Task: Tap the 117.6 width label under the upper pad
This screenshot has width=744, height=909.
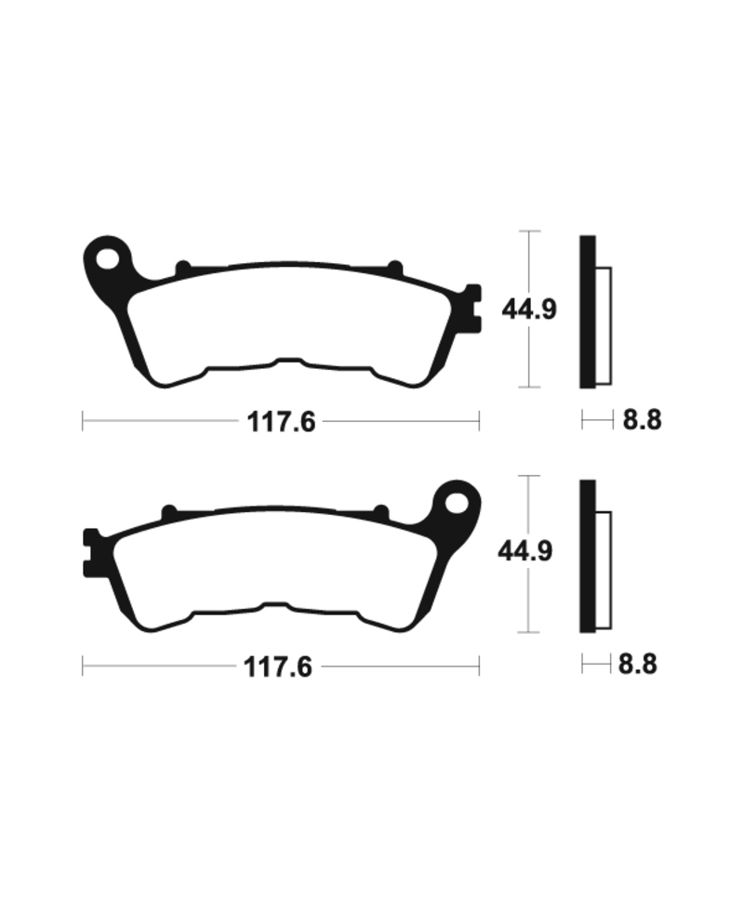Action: (x=282, y=422)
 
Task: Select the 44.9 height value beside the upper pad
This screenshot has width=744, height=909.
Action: (x=529, y=309)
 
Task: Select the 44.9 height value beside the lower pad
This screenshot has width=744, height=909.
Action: (x=525, y=552)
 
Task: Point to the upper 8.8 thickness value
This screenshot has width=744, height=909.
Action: (x=642, y=420)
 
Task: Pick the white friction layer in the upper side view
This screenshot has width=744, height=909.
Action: (x=603, y=324)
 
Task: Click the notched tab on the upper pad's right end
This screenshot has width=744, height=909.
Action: (x=473, y=307)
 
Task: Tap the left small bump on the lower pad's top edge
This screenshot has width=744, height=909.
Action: (x=169, y=511)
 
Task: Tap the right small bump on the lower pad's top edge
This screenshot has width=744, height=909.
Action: (x=380, y=511)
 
